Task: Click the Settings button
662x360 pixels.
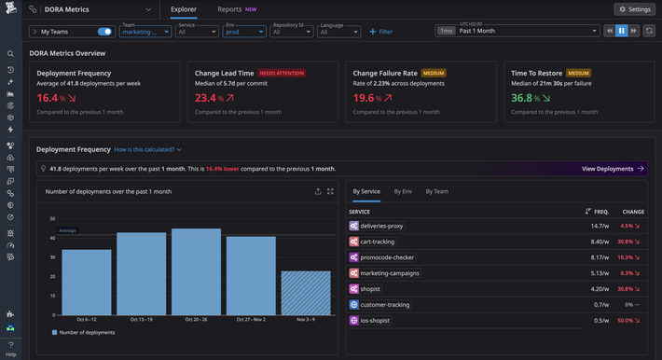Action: click(634, 9)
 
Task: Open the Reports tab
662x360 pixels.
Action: click(229, 9)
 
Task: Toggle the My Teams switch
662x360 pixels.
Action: click(104, 32)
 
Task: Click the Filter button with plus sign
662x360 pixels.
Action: click(381, 32)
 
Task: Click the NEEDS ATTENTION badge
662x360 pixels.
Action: click(281, 72)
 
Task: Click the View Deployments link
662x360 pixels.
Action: click(613, 169)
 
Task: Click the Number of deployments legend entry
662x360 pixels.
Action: click(85, 332)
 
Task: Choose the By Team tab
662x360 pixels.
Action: click(436, 191)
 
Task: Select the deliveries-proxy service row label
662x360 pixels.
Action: click(380, 226)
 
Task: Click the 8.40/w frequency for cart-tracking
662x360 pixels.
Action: click(600, 242)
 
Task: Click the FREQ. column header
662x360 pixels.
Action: click(600, 212)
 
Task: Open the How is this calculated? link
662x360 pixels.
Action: click(147, 149)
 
